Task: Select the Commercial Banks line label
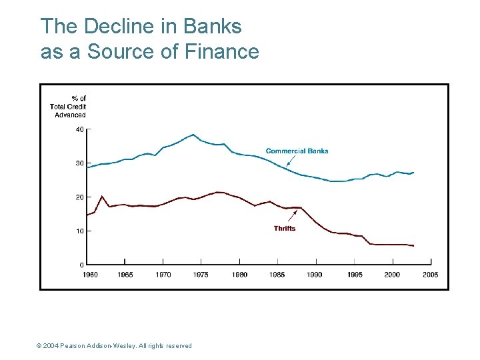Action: (297, 151)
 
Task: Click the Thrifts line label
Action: (284, 229)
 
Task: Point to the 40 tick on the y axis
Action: (79, 129)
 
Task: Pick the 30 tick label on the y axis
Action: (79, 163)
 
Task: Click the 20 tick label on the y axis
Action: (79, 197)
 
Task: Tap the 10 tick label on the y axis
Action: (79, 231)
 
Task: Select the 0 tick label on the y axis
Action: (81, 265)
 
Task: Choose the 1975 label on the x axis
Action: (201, 275)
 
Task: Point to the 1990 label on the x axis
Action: (315, 275)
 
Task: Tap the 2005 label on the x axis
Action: (431, 275)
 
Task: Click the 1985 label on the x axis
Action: (277, 275)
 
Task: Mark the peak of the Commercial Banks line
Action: (193, 135)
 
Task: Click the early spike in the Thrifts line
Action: (101, 196)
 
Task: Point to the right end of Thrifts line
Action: (413, 245)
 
